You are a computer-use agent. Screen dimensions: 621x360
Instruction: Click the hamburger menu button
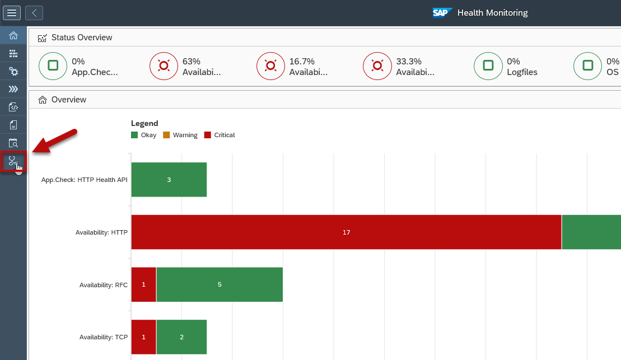point(12,13)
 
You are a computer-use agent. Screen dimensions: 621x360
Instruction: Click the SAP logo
point(442,13)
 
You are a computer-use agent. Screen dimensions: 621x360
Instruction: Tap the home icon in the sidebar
point(13,36)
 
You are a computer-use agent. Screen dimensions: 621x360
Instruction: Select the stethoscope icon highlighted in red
point(13,161)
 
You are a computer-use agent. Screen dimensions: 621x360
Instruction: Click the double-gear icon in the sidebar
point(13,71)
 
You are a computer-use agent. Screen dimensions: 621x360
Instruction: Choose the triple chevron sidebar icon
point(13,89)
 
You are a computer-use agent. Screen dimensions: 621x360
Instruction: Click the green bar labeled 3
point(169,180)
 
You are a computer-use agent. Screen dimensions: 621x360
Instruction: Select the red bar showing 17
point(346,232)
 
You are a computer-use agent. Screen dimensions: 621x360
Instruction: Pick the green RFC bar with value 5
point(220,284)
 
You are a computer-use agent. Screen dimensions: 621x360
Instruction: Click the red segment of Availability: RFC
point(144,284)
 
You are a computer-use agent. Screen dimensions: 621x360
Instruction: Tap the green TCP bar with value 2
point(182,337)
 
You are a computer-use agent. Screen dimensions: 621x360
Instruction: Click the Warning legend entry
point(180,135)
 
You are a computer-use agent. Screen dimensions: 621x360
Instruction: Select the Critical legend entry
point(220,135)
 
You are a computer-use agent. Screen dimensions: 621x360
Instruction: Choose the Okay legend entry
point(144,135)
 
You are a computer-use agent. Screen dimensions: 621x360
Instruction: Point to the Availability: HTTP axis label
point(101,232)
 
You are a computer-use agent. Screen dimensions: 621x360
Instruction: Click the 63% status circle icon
point(164,66)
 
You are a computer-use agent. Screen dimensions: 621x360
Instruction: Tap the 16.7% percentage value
point(302,62)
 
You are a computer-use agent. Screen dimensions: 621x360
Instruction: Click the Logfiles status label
point(522,72)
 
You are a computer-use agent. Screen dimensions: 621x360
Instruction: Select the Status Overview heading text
point(82,38)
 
